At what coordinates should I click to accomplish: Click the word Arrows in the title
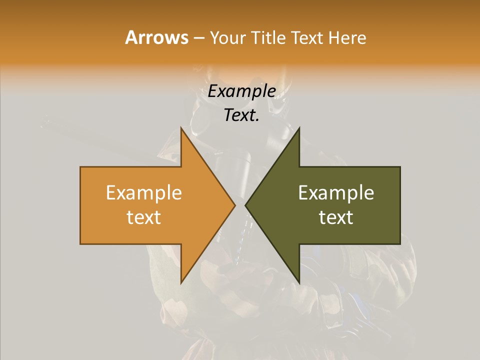click(x=156, y=37)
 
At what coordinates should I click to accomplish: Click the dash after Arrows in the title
click(x=198, y=38)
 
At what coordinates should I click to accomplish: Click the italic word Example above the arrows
click(x=242, y=91)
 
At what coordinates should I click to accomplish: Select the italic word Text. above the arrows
click(x=242, y=115)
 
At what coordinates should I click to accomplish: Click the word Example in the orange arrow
click(x=144, y=193)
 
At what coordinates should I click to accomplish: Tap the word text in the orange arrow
click(x=144, y=217)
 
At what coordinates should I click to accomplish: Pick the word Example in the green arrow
click(x=336, y=193)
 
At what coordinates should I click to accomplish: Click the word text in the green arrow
click(x=336, y=217)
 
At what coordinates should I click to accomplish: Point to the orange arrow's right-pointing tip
click(x=234, y=205)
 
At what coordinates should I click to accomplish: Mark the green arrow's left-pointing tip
click(x=246, y=205)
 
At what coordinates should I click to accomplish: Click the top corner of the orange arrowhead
click(x=181, y=128)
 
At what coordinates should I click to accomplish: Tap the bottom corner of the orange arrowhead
click(x=181, y=283)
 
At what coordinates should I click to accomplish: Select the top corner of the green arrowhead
click(x=299, y=128)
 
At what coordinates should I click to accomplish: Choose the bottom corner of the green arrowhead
click(x=299, y=283)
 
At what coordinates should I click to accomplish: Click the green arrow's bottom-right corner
click(x=400, y=243)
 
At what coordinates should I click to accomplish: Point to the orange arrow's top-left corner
click(x=80, y=167)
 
